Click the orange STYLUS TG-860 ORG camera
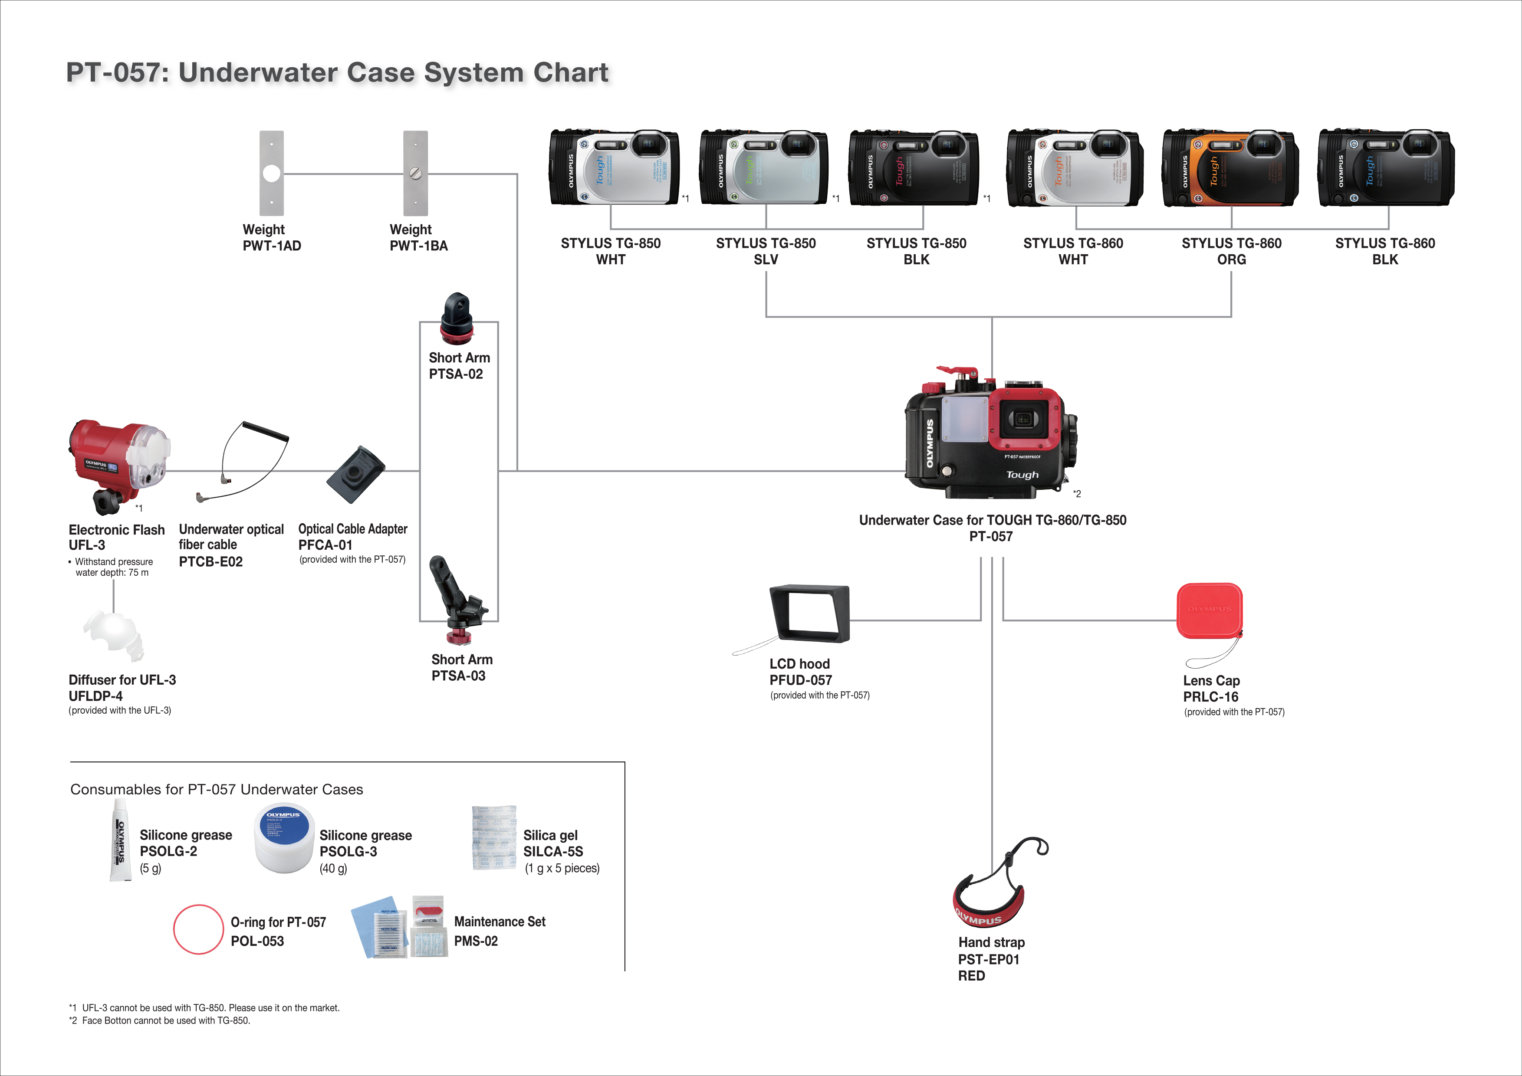(1230, 169)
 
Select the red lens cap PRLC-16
(1209, 610)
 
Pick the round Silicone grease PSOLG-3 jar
(283, 840)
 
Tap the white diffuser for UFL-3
(114, 635)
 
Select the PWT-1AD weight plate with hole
(272, 173)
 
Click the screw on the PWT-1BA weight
(416, 174)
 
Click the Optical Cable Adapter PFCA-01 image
(356, 474)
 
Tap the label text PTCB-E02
(211, 562)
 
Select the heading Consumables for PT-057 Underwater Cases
(217, 789)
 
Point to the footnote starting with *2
(160, 1020)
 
